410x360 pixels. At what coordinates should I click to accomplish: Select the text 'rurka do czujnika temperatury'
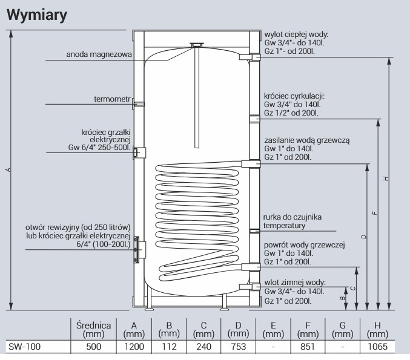point(291,221)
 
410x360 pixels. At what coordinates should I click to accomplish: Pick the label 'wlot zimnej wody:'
point(294,283)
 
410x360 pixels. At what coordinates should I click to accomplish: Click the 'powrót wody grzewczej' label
point(303,244)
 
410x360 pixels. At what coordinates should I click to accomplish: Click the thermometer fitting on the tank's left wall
point(138,104)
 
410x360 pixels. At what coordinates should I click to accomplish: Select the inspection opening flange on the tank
point(137,248)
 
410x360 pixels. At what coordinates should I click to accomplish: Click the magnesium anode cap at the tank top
point(196,44)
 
